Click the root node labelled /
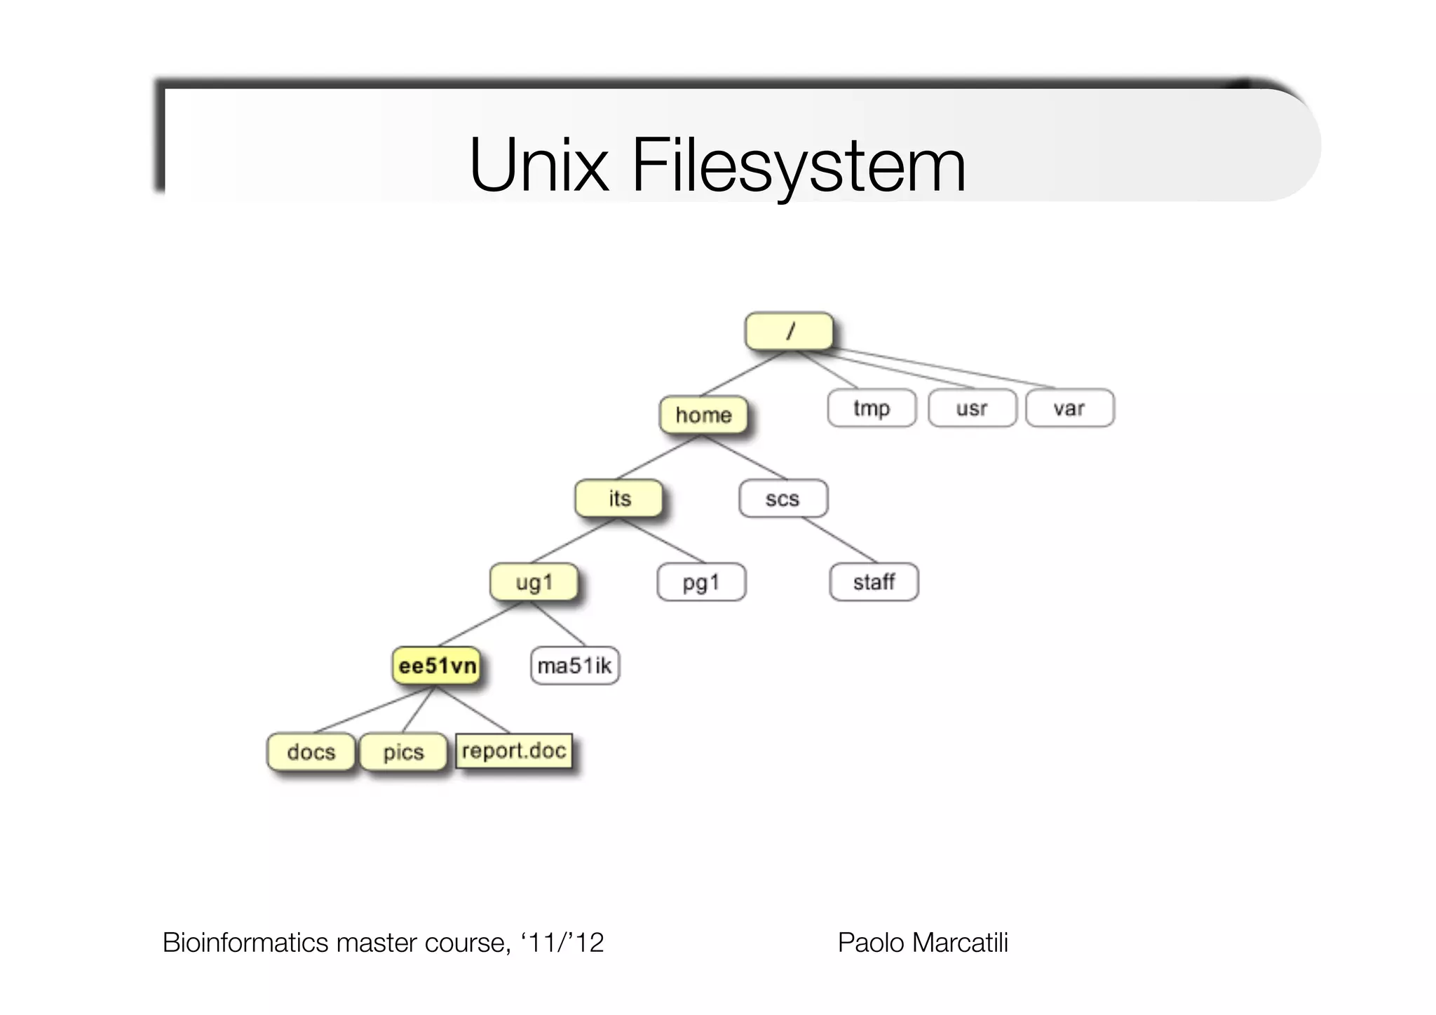point(790,331)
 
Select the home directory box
point(703,415)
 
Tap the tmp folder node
point(872,408)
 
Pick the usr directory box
point(972,408)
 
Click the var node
point(1069,408)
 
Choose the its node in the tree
point(619,498)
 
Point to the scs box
point(783,499)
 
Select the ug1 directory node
point(534,582)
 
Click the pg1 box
point(701,582)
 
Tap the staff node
point(874,582)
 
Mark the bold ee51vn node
point(437,666)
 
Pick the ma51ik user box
point(575,666)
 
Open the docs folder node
point(311,752)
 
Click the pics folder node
point(403,752)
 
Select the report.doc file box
point(514,751)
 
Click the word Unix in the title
point(538,166)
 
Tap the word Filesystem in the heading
point(799,166)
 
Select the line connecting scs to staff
point(839,539)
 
